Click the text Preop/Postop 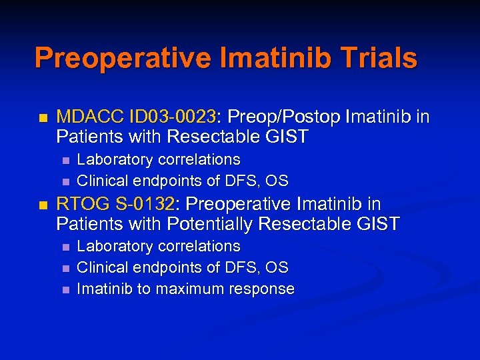(283, 117)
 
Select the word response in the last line (262, 289)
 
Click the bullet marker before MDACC (43, 118)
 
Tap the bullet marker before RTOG (43, 205)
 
